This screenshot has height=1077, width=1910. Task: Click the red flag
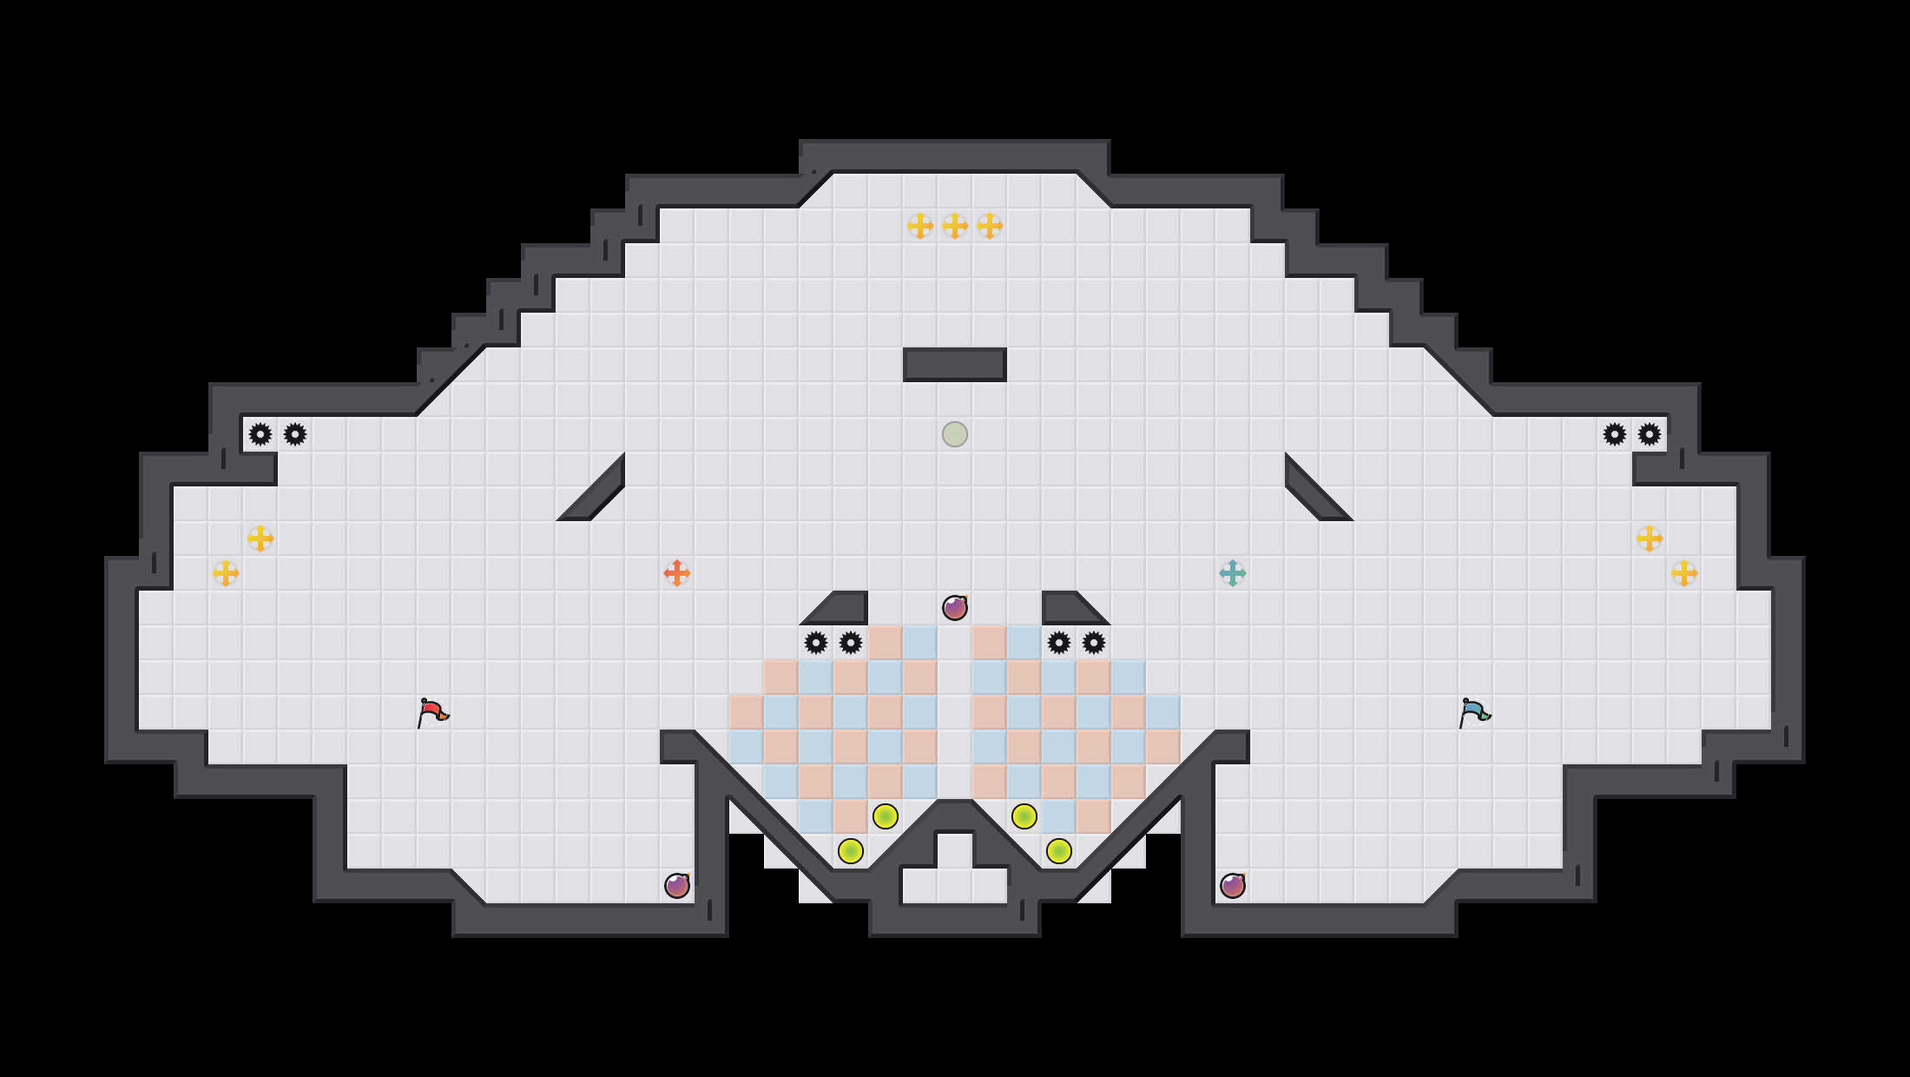(x=432, y=712)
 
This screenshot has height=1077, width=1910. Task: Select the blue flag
(x=1474, y=712)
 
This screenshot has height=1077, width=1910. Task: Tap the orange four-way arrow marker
(x=677, y=573)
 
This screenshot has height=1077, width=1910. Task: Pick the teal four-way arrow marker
(x=1233, y=573)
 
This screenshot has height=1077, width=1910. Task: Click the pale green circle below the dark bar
(x=955, y=434)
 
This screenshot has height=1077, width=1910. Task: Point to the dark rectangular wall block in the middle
(x=955, y=365)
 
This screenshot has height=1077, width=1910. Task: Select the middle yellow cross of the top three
(x=955, y=226)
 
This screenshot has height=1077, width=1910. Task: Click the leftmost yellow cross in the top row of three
(x=920, y=226)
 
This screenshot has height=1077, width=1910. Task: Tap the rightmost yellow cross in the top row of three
(x=990, y=226)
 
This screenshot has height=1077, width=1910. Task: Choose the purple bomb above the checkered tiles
(x=955, y=608)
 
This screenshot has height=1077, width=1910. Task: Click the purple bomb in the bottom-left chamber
(x=677, y=886)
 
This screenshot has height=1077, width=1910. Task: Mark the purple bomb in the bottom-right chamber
(x=1233, y=886)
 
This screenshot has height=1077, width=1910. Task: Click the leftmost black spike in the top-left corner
(x=260, y=434)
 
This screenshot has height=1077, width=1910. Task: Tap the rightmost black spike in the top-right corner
(x=1650, y=434)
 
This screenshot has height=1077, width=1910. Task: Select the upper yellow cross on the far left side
(x=260, y=538)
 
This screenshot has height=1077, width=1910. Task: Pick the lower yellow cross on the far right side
(x=1684, y=573)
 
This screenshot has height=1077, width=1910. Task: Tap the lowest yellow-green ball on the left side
(x=851, y=851)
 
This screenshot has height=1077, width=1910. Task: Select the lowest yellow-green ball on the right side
(x=1059, y=851)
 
